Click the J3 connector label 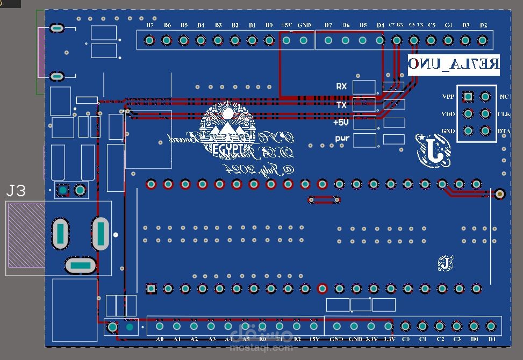pyautogui.click(x=16, y=191)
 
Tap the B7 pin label pyautogui.click(x=150, y=25)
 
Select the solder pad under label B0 pyautogui.click(x=269, y=40)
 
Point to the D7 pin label pyautogui.click(x=328, y=25)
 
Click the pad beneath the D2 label pyautogui.click(x=483, y=40)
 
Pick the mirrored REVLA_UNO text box pyautogui.click(x=454, y=64)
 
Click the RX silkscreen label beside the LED pyautogui.click(x=341, y=87)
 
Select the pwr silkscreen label pyautogui.click(x=342, y=139)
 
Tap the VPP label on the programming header pyautogui.click(x=448, y=97)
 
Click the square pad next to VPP pyautogui.click(x=468, y=97)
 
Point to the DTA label pyautogui.click(x=504, y=131)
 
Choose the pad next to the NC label pyautogui.click(x=485, y=97)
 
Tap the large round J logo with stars pyautogui.click(x=433, y=150)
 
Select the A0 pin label pyautogui.click(x=160, y=340)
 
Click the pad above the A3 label pyautogui.click(x=211, y=326)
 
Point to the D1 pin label pyautogui.click(x=492, y=340)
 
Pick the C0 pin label pyautogui.click(x=406, y=340)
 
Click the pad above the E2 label pyautogui.click(x=297, y=326)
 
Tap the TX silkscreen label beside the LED pyautogui.click(x=341, y=105)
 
